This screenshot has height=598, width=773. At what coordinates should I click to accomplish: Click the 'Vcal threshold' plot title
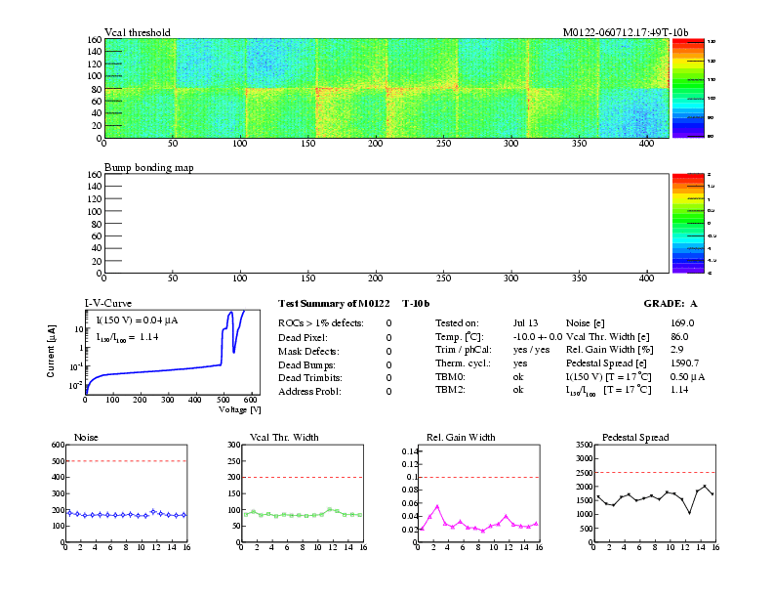click(138, 32)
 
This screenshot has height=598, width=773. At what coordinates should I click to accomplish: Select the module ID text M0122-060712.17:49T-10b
click(626, 32)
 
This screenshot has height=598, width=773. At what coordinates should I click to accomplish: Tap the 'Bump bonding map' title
click(149, 168)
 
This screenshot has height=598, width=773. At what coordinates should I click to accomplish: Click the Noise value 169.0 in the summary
click(682, 322)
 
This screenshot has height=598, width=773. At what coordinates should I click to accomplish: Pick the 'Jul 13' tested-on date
click(525, 322)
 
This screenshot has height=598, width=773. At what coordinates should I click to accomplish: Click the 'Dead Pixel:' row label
click(304, 337)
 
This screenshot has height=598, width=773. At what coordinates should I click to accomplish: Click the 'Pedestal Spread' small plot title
click(635, 437)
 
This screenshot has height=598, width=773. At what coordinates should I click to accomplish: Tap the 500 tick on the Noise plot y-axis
click(57, 461)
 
